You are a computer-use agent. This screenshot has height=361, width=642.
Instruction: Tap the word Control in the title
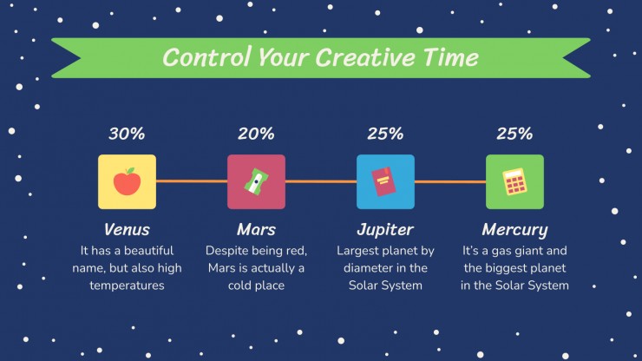pyautogui.click(x=206, y=57)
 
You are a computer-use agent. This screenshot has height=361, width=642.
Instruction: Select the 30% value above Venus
pyautogui.click(x=127, y=134)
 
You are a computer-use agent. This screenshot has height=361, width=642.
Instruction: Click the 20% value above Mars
pyautogui.click(x=256, y=134)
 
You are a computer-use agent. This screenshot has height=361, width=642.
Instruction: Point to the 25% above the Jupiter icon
pyautogui.click(x=385, y=134)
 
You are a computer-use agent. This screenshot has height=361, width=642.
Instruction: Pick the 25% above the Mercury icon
pyautogui.click(x=514, y=134)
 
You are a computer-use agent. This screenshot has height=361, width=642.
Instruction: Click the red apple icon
pyautogui.click(x=127, y=181)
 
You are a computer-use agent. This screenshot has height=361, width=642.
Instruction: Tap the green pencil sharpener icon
pyautogui.click(x=256, y=181)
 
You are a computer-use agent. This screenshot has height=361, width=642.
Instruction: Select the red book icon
pyautogui.click(x=383, y=181)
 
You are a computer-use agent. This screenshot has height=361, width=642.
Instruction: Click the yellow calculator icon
pyautogui.click(x=514, y=181)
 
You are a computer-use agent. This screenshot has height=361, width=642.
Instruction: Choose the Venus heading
pyautogui.click(x=127, y=229)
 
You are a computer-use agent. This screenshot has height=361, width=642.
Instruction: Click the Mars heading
pyautogui.click(x=256, y=229)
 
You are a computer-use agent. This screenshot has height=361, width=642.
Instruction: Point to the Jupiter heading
pyautogui.click(x=385, y=230)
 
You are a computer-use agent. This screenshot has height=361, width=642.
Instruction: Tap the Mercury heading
pyautogui.click(x=514, y=230)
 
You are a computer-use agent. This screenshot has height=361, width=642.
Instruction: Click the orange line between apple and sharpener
pyautogui.click(x=192, y=181)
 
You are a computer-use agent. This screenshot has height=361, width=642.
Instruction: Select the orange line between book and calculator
pyautogui.click(x=450, y=181)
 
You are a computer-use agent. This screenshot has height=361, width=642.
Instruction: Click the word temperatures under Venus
pyautogui.click(x=127, y=286)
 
